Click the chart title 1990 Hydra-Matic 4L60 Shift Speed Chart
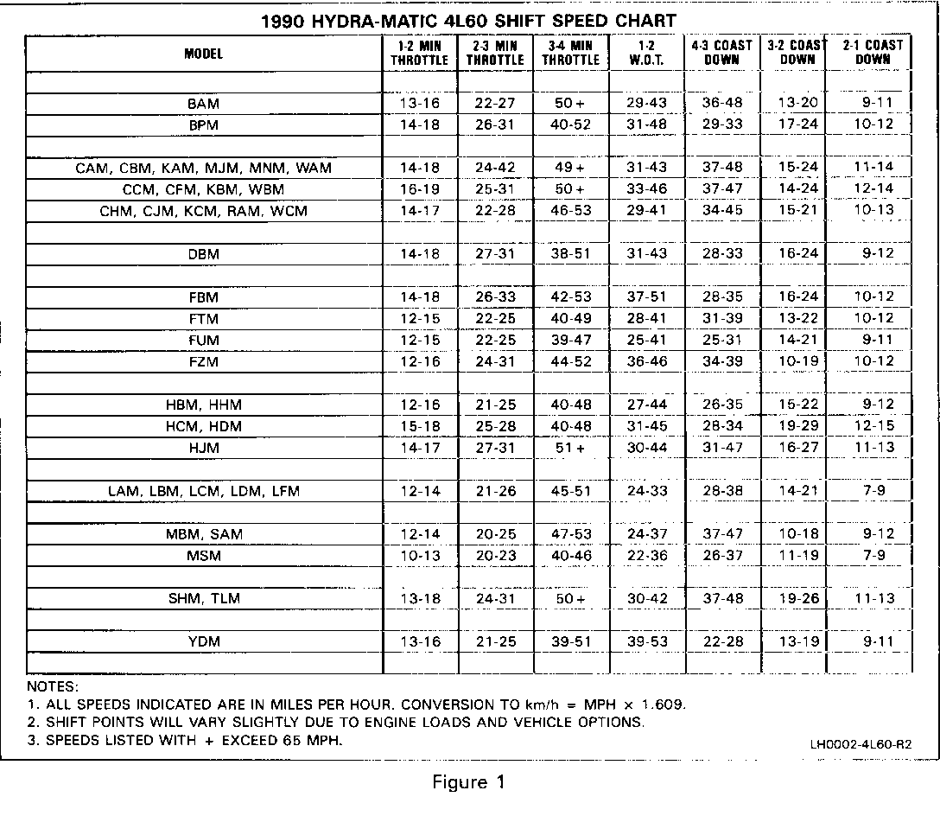(x=468, y=20)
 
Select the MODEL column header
(x=203, y=53)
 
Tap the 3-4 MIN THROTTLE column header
(x=570, y=53)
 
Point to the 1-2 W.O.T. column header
(x=646, y=53)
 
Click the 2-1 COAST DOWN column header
(x=873, y=53)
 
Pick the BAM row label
(x=203, y=103)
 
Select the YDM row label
(x=203, y=641)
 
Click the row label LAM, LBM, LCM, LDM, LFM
(x=203, y=491)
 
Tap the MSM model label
(x=203, y=555)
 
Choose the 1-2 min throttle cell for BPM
(x=420, y=124)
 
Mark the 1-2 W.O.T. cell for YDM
(x=646, y=641)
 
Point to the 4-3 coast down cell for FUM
(x=722, y=340)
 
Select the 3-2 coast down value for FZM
(x=797, y=361)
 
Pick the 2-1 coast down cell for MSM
(x=873, y=555)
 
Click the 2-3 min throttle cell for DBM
(x=495, y=254)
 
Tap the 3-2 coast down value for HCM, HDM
(x=797, y=426)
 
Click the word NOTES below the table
(x=53, y=686)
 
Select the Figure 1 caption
(x=467, y=783)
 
